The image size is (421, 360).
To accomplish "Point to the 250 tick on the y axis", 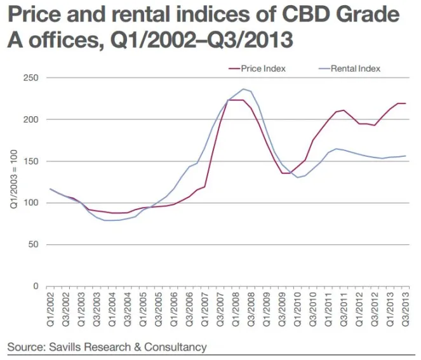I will click(31, 78).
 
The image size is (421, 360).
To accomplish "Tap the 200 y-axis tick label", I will click(31, 120).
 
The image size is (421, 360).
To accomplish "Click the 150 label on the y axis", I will click(31, 161).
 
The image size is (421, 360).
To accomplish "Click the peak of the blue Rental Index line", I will click(244, 89).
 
